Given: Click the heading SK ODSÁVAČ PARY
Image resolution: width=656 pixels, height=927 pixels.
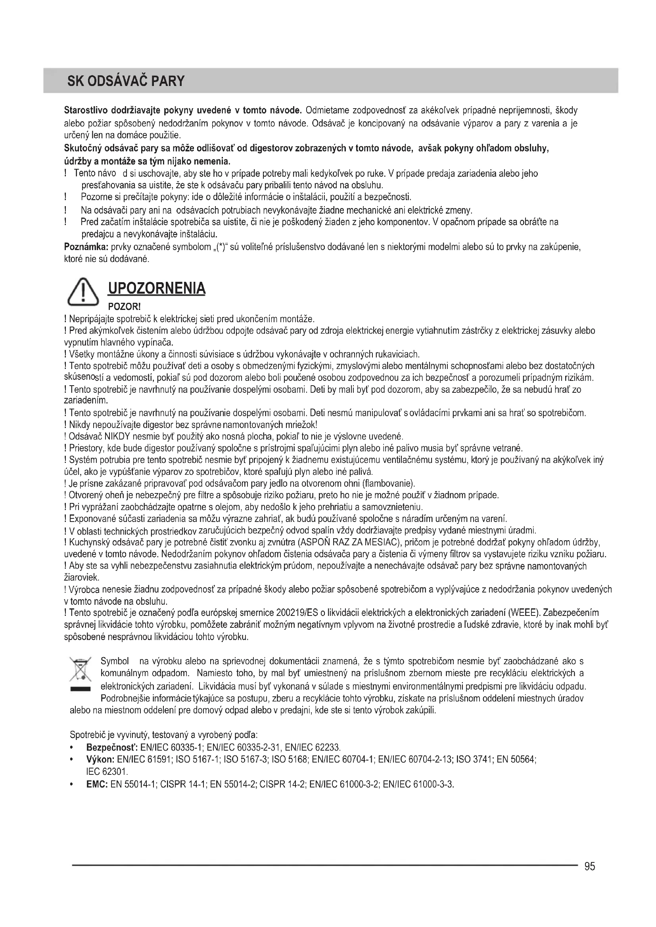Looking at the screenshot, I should point(126,81).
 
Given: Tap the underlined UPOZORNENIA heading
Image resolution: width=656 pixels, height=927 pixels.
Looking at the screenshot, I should point(156,288).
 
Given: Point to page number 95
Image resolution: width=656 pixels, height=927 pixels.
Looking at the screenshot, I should point(590,866).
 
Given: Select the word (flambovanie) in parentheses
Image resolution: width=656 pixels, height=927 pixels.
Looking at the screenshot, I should point(389,483).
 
